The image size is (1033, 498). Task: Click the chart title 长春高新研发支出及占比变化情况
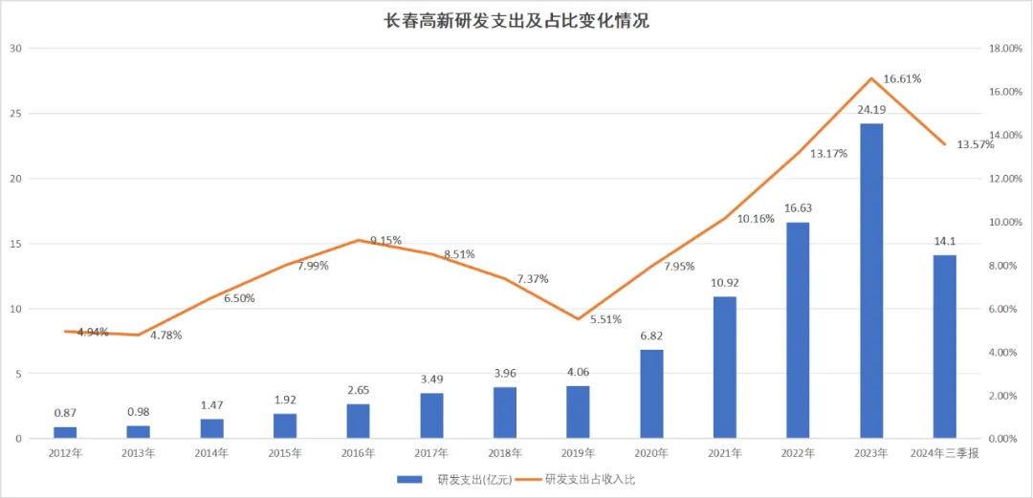516,20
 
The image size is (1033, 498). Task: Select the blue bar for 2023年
870,281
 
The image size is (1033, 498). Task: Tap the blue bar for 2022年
798,330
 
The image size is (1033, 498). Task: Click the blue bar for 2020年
651,394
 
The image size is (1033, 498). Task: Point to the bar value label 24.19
870,111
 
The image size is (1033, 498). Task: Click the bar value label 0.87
66,413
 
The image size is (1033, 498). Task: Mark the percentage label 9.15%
385,240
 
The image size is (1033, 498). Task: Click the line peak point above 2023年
871,78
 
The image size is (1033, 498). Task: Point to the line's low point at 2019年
578,318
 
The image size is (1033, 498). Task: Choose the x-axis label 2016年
358,453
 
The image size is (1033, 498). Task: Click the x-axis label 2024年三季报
944,453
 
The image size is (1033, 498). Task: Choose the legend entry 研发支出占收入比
590,478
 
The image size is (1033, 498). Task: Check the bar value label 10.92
724,283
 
